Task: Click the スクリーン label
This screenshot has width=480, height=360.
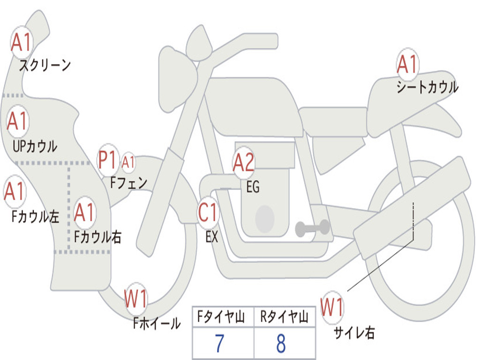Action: click(x=45, y=65)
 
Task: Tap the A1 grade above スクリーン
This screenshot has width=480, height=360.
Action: click(x=21, y=43)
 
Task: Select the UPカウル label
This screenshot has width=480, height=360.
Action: click(x=34, y=146)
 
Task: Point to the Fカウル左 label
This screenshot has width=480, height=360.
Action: click(x=35, y=216)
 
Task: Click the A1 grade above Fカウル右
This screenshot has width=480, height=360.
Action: click(x=85, y=213)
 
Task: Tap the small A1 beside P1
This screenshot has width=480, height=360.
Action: click(x=128, y=163)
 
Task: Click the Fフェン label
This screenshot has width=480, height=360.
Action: click(x=129, y=182)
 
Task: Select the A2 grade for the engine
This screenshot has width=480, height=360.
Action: click(x=244, y=162)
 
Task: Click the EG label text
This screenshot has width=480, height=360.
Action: click(x=253, y=187)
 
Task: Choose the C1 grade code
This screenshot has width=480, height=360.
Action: click(x=208, y=213)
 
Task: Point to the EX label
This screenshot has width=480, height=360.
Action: click(x=212, y=237)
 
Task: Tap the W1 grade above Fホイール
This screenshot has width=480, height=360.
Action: click(x=136, y=299)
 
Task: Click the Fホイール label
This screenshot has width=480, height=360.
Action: click(x=157, y=323)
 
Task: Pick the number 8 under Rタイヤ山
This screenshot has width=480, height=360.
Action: click(x=281, y=344)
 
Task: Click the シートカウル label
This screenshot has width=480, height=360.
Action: click(x=427, y=87)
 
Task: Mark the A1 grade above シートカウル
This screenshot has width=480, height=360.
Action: click(x=407, y=65)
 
